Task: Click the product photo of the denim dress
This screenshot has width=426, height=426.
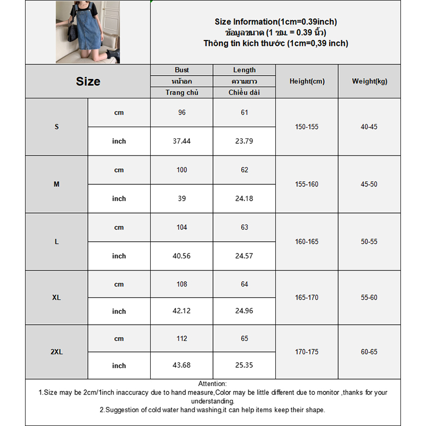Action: coord(88,32)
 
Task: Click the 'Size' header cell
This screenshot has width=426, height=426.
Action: coord(88,81)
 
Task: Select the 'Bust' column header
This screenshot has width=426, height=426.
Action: coord(182,70)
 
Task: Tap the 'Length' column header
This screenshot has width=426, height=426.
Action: coord(244,70)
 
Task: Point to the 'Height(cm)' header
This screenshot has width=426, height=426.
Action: coord(307,81)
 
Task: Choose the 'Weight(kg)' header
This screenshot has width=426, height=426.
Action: coord(370,81)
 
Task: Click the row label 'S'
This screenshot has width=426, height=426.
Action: coord(56,127)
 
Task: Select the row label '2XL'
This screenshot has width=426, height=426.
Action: coord(56,352)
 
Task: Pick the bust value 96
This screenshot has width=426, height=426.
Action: coord(182,112)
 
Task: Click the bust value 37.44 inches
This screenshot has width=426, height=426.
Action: coord(182,141)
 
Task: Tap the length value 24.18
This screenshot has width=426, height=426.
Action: coord(244,199)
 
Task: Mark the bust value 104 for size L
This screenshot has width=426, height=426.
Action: coord(182,227)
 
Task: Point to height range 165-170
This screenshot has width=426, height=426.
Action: coord(307,297)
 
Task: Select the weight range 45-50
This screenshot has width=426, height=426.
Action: coord(369,184)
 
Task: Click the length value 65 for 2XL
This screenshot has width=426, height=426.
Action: coord(244,339)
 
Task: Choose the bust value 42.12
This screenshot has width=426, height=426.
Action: coord(182,311)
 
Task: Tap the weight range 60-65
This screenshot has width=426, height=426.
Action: coord(369,352)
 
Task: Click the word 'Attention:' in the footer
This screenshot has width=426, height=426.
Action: coord(212,384)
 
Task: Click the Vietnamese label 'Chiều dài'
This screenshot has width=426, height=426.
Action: coord(244,93)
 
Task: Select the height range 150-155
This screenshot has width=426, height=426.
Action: coord(307,127)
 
